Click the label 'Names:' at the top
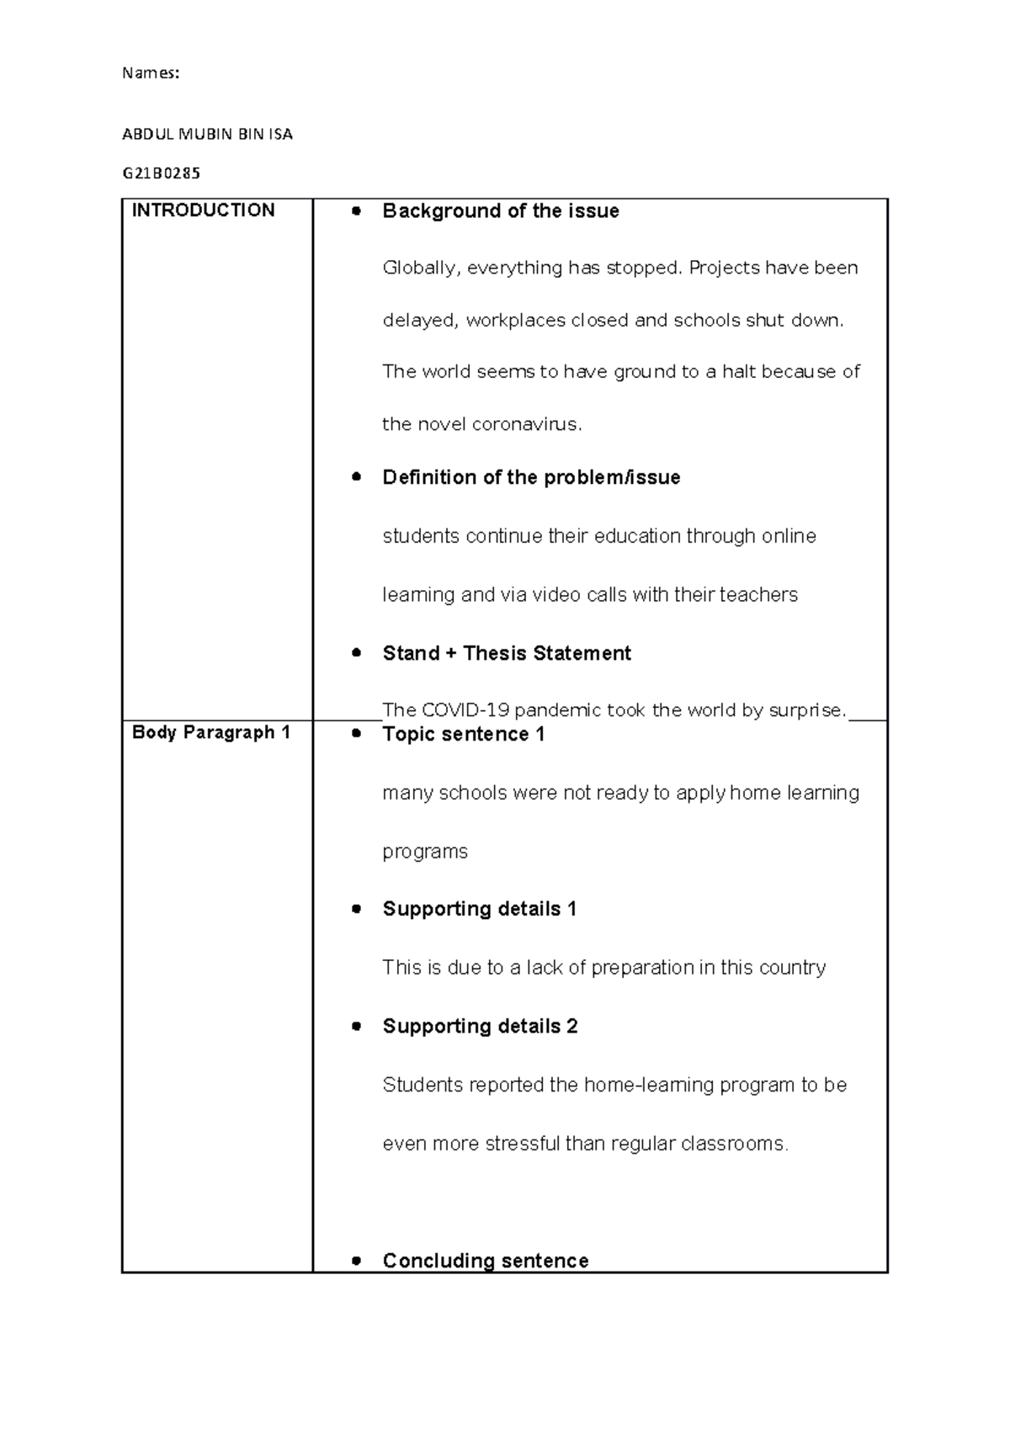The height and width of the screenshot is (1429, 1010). [151, 73]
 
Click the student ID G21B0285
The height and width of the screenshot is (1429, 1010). [162, 173]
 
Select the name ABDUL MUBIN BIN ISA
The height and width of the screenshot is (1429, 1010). [207, 134]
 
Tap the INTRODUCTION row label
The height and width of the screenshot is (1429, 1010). [203, 210]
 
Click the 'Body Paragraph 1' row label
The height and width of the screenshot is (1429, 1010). [210, 732]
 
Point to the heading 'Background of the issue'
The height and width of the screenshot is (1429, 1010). [500, 211]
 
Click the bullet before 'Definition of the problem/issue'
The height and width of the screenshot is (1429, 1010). [357, 476]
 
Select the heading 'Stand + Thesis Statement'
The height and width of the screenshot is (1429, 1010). [506, 653]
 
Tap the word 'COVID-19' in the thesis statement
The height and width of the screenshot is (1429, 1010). [470, 710]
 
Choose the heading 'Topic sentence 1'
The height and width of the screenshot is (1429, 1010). [463, 734]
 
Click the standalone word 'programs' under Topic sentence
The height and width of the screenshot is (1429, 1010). [424, 852]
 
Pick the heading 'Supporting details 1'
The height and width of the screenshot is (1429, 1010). [479, 909]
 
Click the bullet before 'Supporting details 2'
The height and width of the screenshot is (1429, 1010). [357, 1026]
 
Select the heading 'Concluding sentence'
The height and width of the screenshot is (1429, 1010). [485, 1260]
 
